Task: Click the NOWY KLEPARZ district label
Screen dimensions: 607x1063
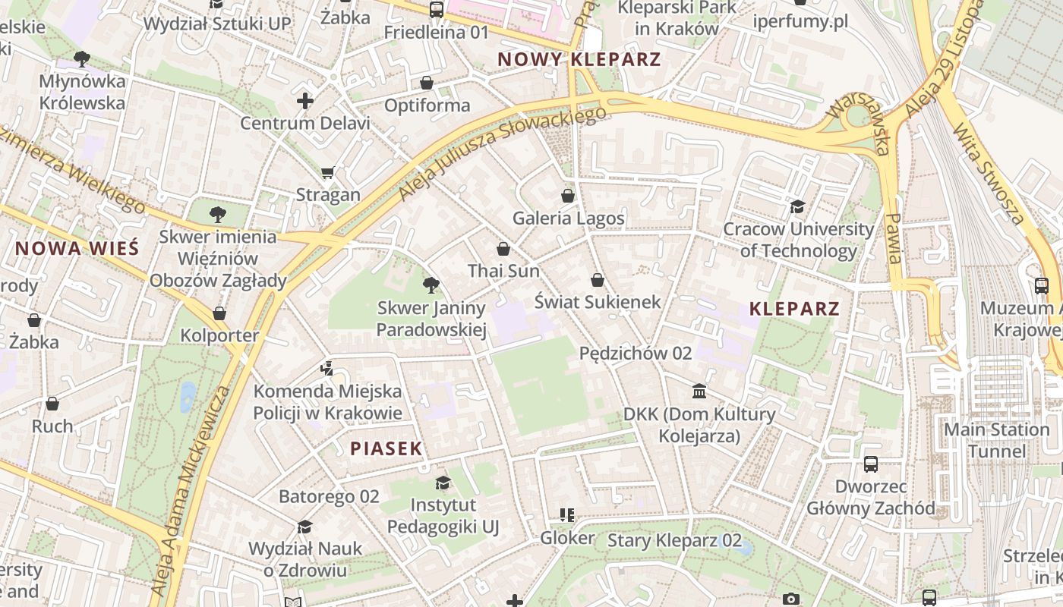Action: (579, 59)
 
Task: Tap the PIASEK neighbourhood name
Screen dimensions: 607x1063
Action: (386, 448)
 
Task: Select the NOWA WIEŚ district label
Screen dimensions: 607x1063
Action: (77, 248)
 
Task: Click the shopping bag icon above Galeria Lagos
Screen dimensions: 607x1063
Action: (568, 196)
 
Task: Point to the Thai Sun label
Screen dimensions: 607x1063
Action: (503, 271)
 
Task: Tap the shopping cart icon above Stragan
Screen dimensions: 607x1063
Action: (327, 173)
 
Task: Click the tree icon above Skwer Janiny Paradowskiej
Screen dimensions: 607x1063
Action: (431, 285)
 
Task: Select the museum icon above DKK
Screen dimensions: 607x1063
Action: (699, 392)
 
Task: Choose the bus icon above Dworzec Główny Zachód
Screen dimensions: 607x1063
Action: (871, 464)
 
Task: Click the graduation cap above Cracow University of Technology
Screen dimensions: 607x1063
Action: (797, 206)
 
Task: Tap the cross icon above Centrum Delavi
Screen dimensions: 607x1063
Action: (304, 100)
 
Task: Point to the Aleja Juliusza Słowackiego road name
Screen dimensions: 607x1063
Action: (503, 155)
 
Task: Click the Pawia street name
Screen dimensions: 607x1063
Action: (894, 238)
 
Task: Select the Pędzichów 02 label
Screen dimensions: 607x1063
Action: (636, 353)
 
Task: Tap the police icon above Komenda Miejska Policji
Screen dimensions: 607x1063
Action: (326, 369)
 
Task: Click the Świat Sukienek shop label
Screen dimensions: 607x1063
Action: (598, 301)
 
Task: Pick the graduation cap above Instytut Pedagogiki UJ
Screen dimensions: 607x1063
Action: (443, 483)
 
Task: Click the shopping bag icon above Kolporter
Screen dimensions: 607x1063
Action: (219, 313)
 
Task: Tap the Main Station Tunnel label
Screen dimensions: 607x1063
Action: (996, 440)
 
